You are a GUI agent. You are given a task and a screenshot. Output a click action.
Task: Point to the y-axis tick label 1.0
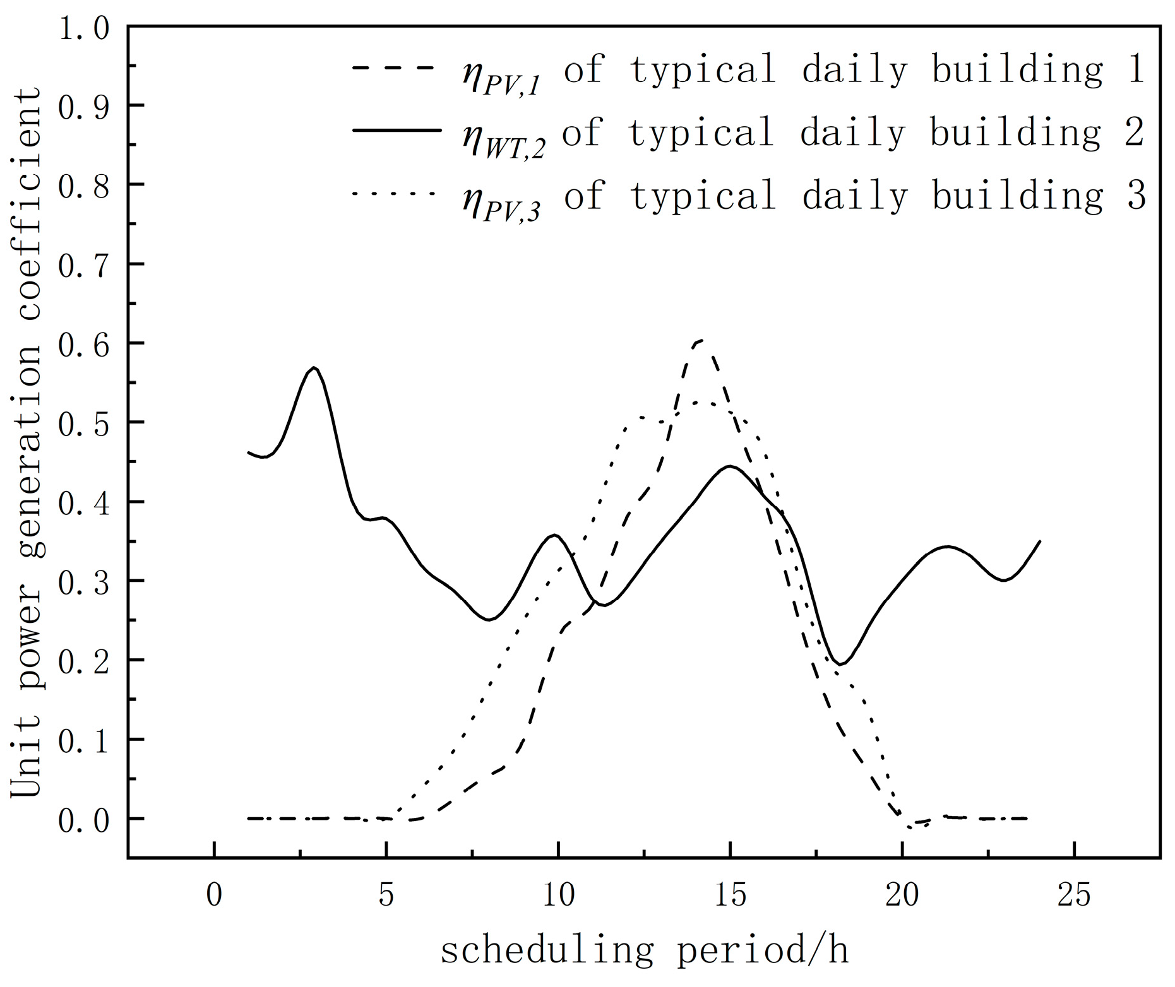[83, 28]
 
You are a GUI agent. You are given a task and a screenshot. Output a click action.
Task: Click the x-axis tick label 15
[730, 895]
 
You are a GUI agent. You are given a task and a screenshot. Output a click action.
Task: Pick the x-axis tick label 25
[1074, 895]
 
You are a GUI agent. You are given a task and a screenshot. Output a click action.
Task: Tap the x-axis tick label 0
[215, 895]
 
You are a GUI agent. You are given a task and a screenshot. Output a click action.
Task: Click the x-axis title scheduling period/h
[644, 951]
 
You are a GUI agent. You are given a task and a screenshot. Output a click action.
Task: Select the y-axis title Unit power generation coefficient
[27, 442]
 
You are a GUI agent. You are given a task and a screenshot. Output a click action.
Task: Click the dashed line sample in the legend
[394, 68]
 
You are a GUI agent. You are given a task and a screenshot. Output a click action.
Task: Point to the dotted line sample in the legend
[394, 192]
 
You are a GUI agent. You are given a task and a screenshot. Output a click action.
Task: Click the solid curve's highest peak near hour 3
[314, 368]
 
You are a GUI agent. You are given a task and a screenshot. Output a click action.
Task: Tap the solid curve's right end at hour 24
[1039, 541]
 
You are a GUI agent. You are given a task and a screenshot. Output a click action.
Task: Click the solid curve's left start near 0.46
[249, 452]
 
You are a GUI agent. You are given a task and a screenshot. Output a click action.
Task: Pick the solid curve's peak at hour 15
[730, 466]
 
